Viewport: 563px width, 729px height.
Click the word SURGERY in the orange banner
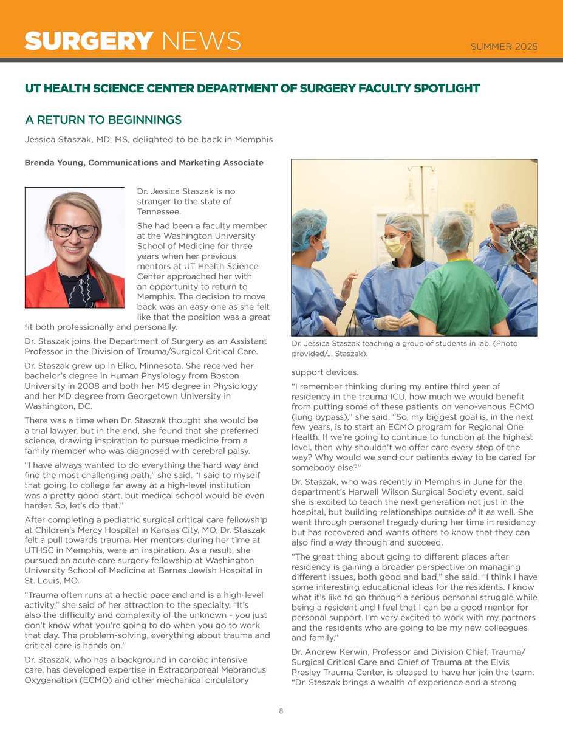click(89, 41)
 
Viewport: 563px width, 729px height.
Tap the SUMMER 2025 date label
click(504, 47)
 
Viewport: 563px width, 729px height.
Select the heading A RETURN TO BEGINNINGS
click(103, 119)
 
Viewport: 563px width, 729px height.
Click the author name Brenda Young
click(54, 162)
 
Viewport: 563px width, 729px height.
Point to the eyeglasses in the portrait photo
click(74, 231)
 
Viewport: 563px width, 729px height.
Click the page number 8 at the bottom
click(281, 711)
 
